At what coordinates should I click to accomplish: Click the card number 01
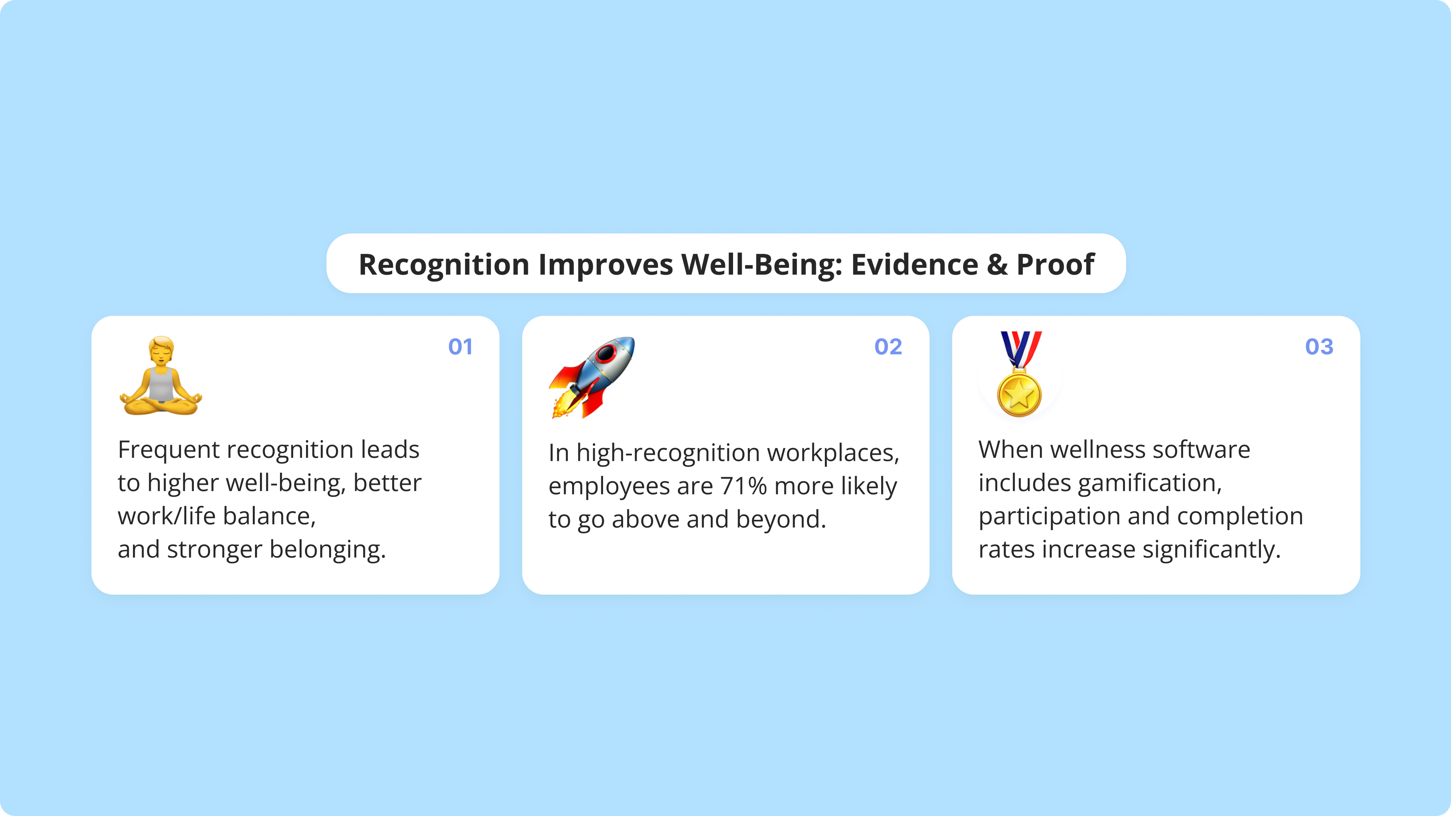460,347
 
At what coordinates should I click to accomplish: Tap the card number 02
888,347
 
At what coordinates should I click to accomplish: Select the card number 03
1319,347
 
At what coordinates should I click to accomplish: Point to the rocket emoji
591,377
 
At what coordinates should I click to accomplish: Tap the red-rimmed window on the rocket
606,354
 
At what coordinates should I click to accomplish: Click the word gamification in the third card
1149,483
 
